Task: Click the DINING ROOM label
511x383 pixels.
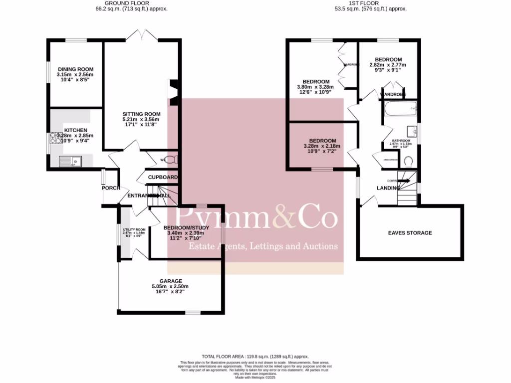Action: click(75, 69)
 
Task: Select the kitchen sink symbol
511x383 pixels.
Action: click(70, 161)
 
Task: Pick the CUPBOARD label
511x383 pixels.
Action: click(163, 178)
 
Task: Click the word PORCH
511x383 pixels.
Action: click(110, 188)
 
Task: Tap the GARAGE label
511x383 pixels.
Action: click(171, 281)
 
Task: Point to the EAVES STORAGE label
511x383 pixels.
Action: click(410, 233)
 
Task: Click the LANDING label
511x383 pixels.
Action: click(388, 188)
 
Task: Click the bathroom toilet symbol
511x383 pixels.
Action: click(408, 161)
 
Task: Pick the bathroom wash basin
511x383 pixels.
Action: click(412, 131)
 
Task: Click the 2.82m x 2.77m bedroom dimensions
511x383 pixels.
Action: click(388, 65)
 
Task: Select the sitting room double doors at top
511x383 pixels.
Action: click(141, 35)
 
